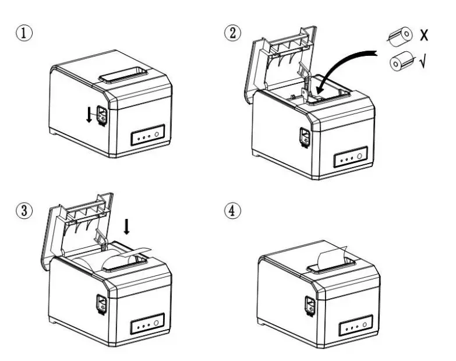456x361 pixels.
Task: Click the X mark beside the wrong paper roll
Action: point(425,35)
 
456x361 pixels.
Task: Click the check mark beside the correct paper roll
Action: point(421,59)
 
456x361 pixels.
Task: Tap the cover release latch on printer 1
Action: point(102,115)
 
